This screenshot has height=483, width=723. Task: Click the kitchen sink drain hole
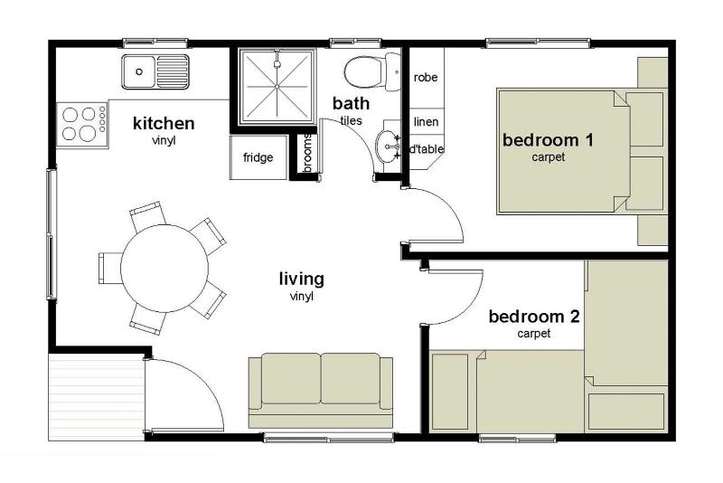pyautogui.click(x=139, y=71)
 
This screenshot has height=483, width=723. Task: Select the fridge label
pyautogui.click(x=258, y=157)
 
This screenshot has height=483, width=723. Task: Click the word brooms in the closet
pyautogui.click(x=307, y=153)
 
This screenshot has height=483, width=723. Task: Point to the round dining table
pyautogui.click(x=164, y=268)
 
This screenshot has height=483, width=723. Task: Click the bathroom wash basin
pyautogui.click(x=388, y=147)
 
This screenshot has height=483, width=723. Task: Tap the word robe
pyautogui.click(x=425, y=78)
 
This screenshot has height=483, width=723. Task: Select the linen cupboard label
pyautogui.click(x=426, y=122)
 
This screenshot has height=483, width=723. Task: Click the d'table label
pyautogui.click(x=427, y=149)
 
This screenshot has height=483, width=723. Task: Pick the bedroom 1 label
pyautogui.click(x=548, y=140)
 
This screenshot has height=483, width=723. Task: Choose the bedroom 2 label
pyautogui.click(x=534, y=317)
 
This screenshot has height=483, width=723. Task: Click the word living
pyautogui.click(x=302, y=279)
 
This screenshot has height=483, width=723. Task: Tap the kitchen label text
pyautogui.click(x=164, y=123)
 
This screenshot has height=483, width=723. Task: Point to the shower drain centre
pyautogui.click(x=277, y=86)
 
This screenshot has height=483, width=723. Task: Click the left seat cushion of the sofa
pyautogui.click(x=291, y=379)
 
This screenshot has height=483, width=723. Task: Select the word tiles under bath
pyautogui.click(x=351, y=121)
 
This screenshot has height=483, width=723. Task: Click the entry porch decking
pyautogui.click(x=97, y=397)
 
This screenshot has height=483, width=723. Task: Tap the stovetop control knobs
pyautogui.click(x=102, y=119)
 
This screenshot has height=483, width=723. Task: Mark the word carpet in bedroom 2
pyautogui.click(x=534, y=333)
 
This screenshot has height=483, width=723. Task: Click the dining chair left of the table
pyautogui.click(x=109, y=268)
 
